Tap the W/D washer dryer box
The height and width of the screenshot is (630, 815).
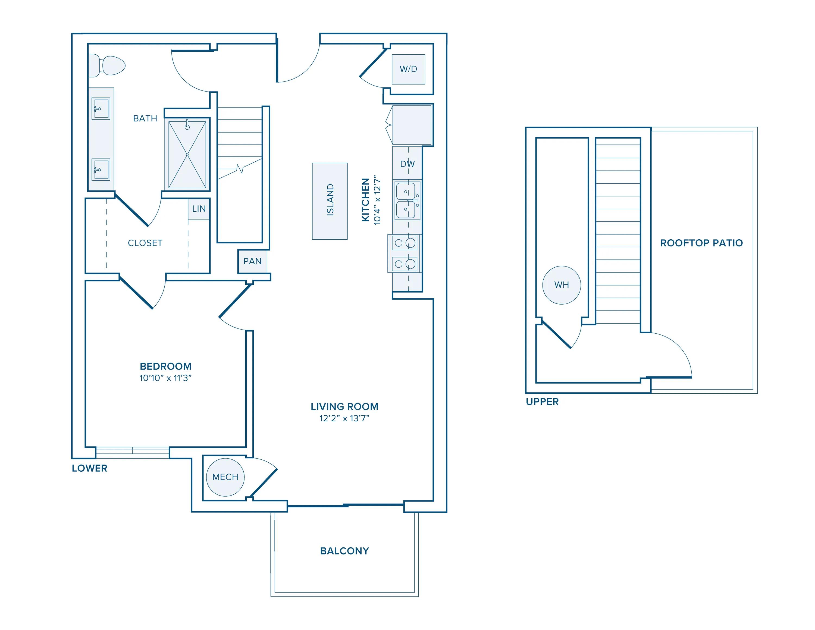click(408, 69)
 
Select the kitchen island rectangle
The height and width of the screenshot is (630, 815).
click(330, 201)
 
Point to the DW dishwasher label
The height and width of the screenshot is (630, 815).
click(407, 164)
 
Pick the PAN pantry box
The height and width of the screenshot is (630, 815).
click(253, 261)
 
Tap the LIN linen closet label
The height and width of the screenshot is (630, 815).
click(199, 209)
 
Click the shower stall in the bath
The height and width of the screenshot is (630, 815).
click(187, 155)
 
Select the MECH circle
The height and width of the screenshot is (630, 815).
click(225, 477)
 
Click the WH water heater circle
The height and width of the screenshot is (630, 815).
click(562, 285)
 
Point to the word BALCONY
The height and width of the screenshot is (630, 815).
click(344, 551)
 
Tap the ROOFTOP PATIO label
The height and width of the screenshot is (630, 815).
click(701, 243)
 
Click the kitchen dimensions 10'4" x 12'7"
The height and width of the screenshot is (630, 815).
click(378, 200)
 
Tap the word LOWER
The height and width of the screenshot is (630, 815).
click(90, 468)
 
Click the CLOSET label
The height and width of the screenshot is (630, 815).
click(145, 243)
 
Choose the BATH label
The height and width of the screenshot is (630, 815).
click(145, 118)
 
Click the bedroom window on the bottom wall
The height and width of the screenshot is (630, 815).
click(133, 452)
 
